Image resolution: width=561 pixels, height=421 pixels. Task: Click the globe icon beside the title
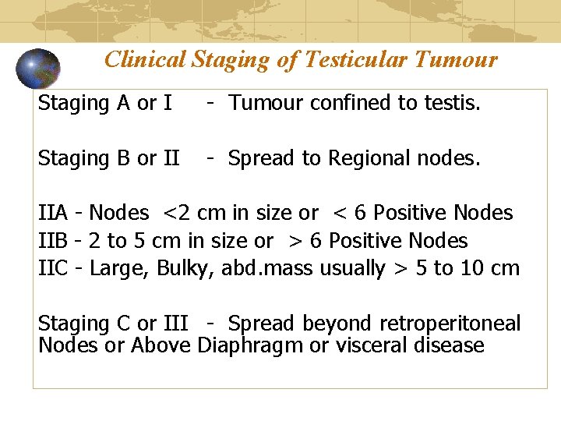[x=38, y=69]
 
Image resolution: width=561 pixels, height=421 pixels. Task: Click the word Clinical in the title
[x=145, y=60]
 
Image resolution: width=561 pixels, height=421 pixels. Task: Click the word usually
[x=353, y=269]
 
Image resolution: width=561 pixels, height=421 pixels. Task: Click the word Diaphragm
[x=250, y=345]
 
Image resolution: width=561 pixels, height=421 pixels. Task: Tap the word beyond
[x=337, y=324]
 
